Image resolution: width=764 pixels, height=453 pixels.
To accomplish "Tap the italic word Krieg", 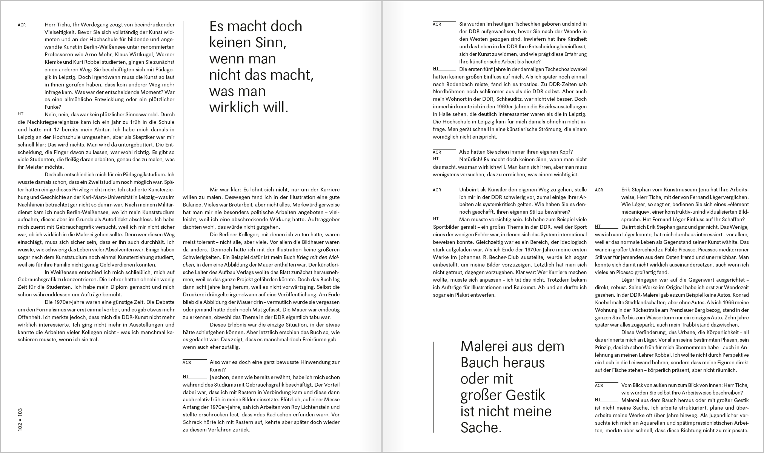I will point(304,257).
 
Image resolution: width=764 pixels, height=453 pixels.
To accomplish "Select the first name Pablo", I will point(711,250).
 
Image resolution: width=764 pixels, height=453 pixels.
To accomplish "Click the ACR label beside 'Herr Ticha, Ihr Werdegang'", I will point(22,25).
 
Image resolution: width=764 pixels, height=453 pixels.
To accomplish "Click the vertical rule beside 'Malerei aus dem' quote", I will point(433,387).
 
